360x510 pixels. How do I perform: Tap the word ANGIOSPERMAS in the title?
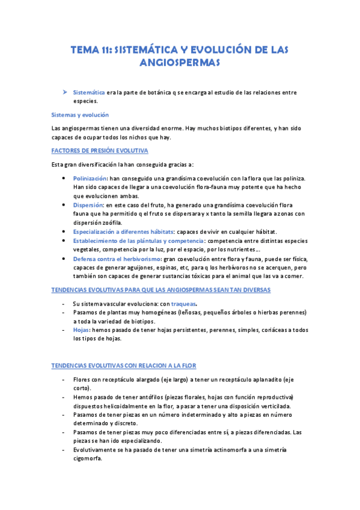[180, 63]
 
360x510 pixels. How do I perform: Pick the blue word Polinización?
[90, 179]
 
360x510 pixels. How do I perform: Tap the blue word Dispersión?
[87, 204]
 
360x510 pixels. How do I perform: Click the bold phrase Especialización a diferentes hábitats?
[122, 231]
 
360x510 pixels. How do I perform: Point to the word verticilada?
[272, 407]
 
